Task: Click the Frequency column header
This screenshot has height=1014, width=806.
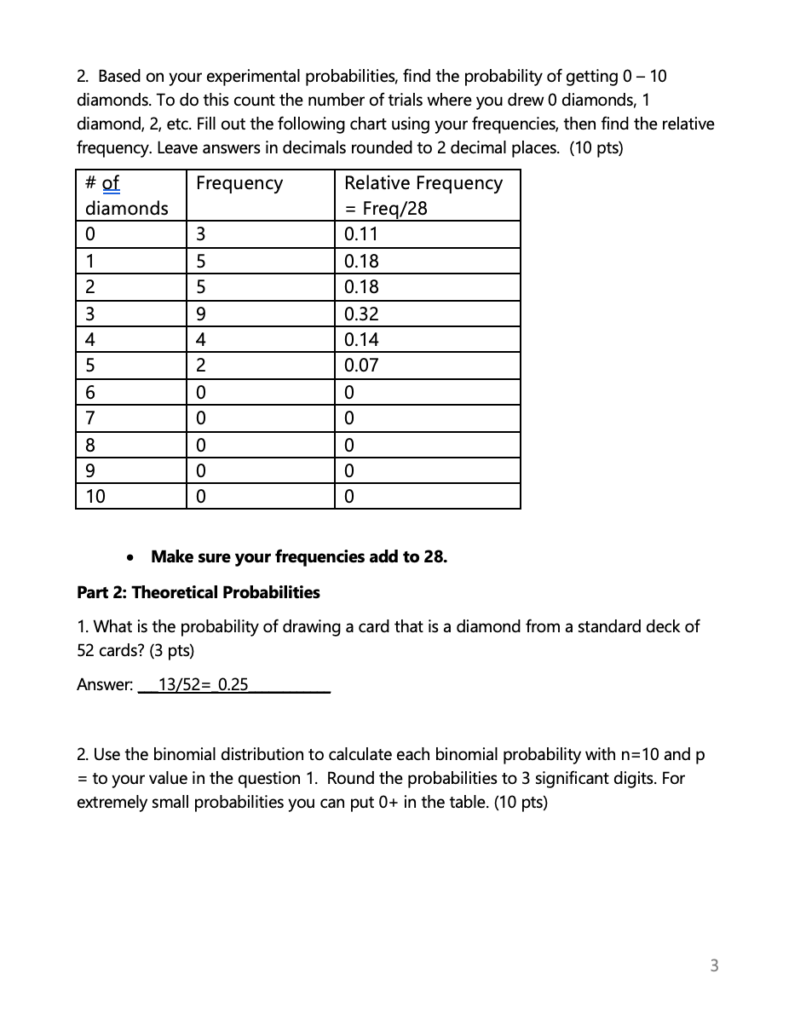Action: click(239, 183)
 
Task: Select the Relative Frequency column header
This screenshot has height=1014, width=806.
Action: click(423, 183)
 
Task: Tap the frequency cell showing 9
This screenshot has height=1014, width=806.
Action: click(201, 314)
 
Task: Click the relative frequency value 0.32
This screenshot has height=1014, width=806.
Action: click(361, 314)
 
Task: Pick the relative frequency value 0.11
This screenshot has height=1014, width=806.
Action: click(361, 235)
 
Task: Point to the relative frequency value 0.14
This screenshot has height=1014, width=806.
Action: click(361, 340)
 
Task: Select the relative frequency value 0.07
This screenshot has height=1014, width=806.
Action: click(361, 366)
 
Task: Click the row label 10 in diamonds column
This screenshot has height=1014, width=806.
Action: click(95, 497)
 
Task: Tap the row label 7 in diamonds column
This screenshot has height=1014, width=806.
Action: click(90, 418)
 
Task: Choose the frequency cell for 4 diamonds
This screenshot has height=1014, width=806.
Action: click(201, 340)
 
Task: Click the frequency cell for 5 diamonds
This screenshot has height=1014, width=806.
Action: click(201, 366)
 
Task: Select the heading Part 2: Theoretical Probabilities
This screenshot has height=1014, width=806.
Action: click(198, 592)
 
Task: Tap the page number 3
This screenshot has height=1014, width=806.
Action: click(714, 965)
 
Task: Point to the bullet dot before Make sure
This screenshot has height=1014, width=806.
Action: click(129, 558)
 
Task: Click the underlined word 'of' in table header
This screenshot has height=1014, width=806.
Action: click(111, 183)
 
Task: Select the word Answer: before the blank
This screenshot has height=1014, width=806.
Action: click(105, 684)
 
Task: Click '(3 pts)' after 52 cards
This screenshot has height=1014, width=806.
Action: click(169, 651)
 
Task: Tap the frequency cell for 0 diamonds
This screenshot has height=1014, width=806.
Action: click(201, 235)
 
